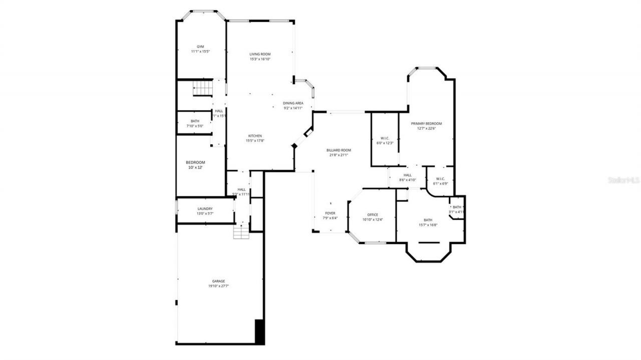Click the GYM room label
coord(200,47)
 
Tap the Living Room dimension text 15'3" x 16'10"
coord(260,59)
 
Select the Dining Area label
coord(293,103)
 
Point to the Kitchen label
coord(255,136)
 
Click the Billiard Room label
coord(339,150)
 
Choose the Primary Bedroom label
coord(426,123)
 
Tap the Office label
coord(372,215)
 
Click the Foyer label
coord(330,213)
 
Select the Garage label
coord(218,281)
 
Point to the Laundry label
coord(205,209)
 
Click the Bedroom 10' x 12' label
coord(195,163)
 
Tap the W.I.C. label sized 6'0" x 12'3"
coord(385,138)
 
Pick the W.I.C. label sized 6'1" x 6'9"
coord(440,179)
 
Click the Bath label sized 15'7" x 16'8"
coord(428,220)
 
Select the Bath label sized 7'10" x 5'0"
coord(195,121)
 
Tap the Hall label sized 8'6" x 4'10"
coord(408,175)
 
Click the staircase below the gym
coord(203,90)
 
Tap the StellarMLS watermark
coord(623,180)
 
